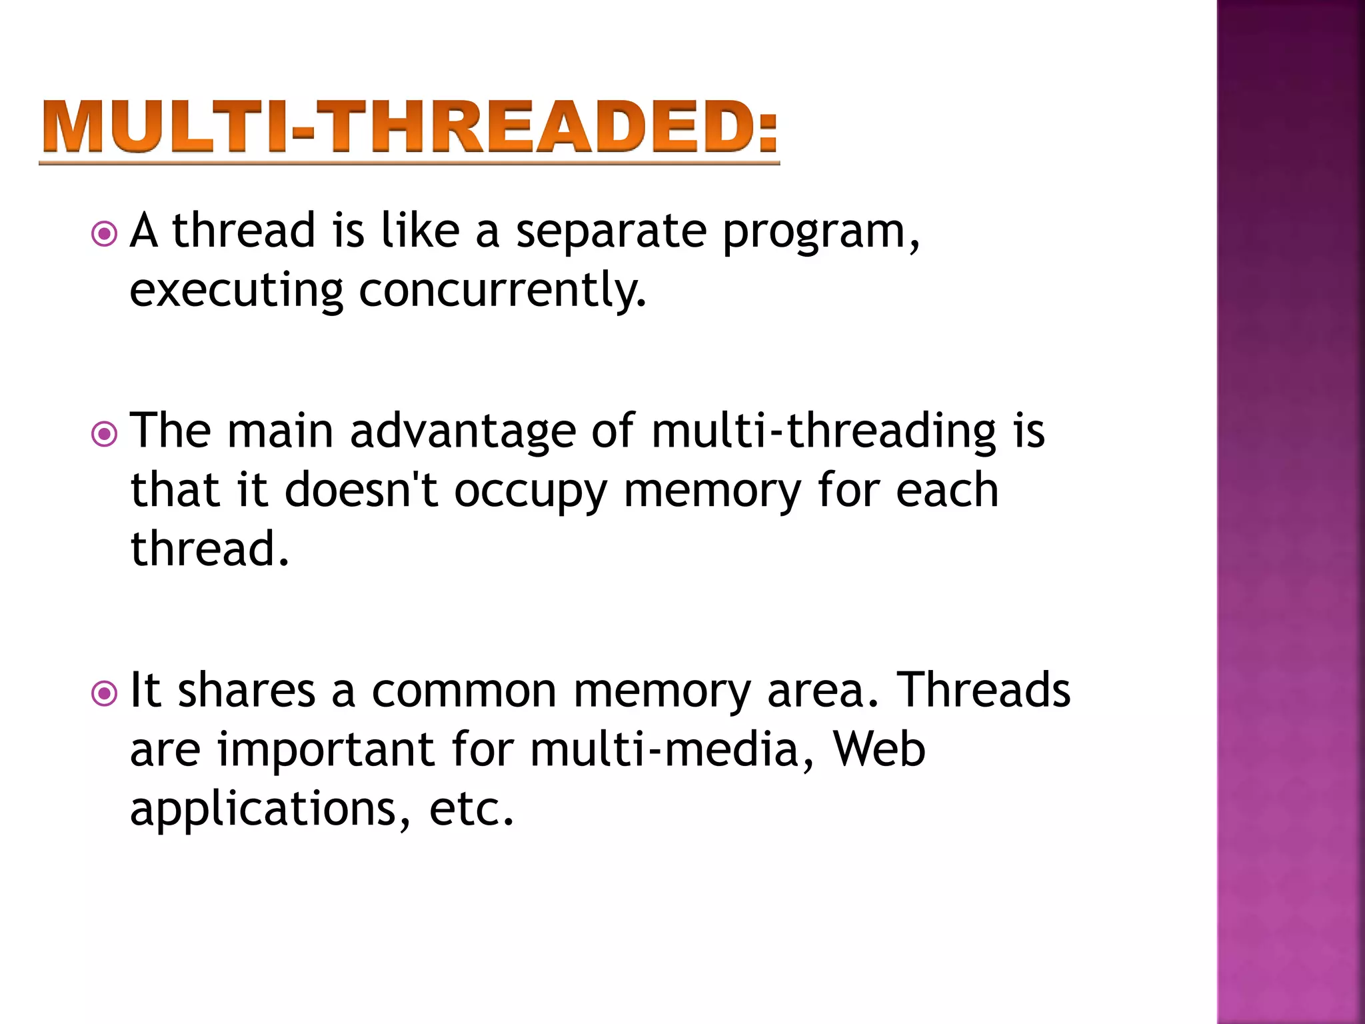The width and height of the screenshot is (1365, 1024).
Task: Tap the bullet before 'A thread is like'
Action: click(x=104, y=234)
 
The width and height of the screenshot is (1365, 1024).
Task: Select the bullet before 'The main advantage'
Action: click(x=104, y=435)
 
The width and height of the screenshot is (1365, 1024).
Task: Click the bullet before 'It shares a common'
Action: click(x=104, y=694)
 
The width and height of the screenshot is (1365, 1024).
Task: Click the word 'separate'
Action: click(x=611, y=231)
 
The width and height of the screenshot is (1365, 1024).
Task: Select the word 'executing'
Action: click(x=237, y=291)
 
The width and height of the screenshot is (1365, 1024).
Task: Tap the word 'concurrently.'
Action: click(x=503, y=291)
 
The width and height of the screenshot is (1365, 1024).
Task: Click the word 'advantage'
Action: click(x=463, y=432)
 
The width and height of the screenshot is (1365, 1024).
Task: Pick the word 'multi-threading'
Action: click(x=823, y=432)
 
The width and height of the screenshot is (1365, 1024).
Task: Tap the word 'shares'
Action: click(x=247, y=691)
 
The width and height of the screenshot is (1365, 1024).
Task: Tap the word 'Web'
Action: click(x=879, y=749)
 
